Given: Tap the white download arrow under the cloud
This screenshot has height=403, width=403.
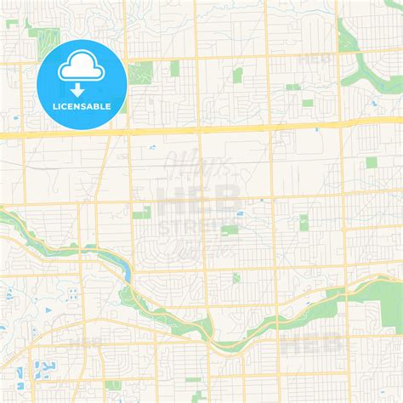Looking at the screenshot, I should pos(77,88).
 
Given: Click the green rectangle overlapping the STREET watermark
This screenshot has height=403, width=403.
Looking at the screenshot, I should pos(229,229).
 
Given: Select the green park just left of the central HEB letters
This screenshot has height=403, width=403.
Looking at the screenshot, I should pos(141,212).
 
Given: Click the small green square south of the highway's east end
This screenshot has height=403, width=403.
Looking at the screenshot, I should pos(371,162).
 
